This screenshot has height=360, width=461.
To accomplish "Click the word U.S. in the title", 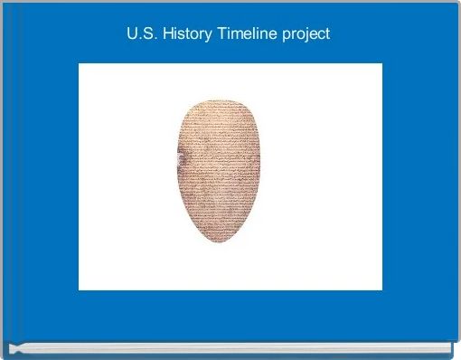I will [x=141, y=35].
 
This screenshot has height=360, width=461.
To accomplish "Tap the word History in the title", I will [x=183, y=35].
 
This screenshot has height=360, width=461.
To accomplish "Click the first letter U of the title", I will [x=132, y=35].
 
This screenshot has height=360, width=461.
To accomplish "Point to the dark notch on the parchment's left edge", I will [x=179, y=162].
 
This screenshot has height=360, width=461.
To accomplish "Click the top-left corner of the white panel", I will [x=80, y=64].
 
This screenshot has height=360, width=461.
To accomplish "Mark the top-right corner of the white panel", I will [x=381, y=64].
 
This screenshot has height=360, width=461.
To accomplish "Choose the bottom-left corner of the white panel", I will [x=80, y=289].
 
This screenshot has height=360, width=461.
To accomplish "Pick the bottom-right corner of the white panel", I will [x=381, y=289].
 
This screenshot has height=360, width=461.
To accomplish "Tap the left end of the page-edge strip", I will [x=11, y=346].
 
